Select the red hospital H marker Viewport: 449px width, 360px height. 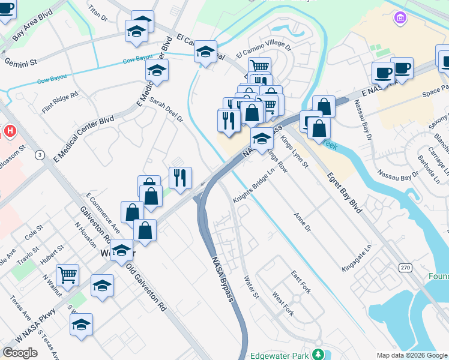(10, 130)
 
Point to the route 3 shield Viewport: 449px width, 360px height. (40, 155)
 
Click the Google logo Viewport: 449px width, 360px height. (20, 353)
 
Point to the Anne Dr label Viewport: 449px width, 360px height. (303, 222)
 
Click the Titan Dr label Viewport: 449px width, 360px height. (97, 14)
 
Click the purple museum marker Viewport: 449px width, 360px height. (400, 19)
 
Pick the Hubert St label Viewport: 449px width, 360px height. (52, 256)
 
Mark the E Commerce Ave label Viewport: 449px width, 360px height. (103, 214)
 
